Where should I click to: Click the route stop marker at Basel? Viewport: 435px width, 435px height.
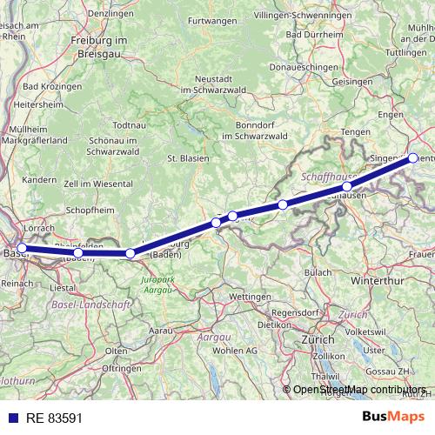(x=22, y=248)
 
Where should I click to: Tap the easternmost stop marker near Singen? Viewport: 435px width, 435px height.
(x=413, y=158)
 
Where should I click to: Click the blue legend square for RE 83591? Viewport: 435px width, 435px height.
(x=10, y=418)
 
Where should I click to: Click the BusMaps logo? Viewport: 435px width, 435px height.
(x=393, y=418)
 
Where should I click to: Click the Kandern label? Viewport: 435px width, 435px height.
(x=39, y=180)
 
